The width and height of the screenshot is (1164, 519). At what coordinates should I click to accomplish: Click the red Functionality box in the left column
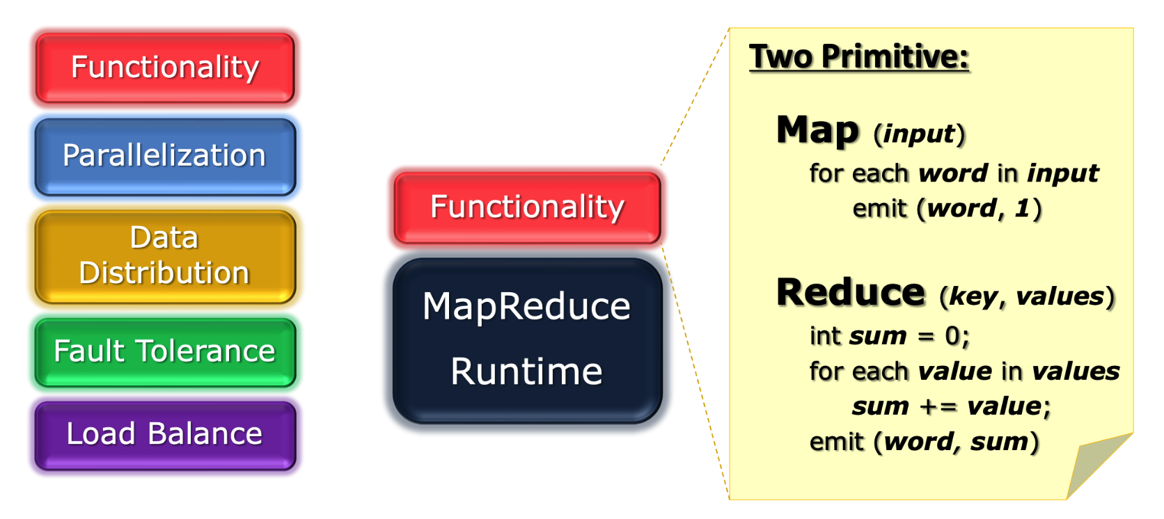coord(165,67)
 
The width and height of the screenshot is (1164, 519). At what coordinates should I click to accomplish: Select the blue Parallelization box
coord(165,156)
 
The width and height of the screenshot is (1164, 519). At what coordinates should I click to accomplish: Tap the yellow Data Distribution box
coord(165,256)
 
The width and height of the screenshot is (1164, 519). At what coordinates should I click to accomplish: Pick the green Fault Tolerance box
coord(165,351)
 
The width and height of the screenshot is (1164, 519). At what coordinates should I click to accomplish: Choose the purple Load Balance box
coord(165,434)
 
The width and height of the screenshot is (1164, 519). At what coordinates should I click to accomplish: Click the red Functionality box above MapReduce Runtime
coord(527,207)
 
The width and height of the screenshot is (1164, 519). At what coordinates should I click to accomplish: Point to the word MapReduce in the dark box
coord(526,307)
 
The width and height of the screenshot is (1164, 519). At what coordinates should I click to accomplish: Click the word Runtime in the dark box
coord(526,372)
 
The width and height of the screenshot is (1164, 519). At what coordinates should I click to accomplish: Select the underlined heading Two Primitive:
coord(858,57)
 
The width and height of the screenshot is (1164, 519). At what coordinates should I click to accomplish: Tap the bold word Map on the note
coord(818,131)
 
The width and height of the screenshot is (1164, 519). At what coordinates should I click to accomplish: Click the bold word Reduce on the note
coord(851,293)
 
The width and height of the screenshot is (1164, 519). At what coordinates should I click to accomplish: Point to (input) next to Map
coord(920,134)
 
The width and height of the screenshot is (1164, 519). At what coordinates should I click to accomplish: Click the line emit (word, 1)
coord(947,209)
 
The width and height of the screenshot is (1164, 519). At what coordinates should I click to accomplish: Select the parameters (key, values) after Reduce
coord(1027,297)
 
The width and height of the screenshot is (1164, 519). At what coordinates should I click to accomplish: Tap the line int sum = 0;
coord(889,337)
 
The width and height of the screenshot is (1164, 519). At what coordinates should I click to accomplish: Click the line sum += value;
coord(951,406)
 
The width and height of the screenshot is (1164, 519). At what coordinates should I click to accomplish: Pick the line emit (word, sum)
coord(924,442)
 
